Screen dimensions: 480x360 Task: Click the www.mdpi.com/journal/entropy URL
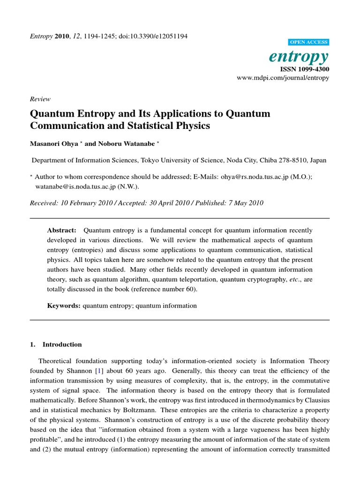[284, 77]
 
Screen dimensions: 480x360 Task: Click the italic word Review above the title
[40, 99]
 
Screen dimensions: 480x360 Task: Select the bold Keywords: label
[64, 306]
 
